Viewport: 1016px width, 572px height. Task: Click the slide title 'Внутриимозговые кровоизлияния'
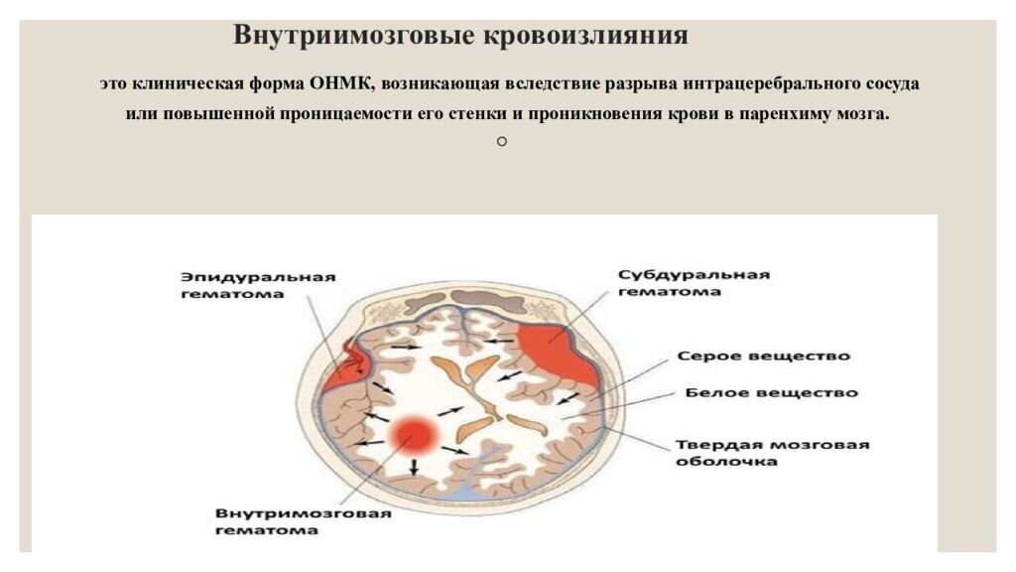coord(460,36)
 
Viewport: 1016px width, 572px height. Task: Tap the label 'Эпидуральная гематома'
coord(258,285)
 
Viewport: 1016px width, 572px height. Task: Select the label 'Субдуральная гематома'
coord(694,283)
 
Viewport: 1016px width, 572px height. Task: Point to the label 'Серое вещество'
coord(763,357)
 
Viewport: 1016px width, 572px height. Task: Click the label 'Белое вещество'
coord(771,393)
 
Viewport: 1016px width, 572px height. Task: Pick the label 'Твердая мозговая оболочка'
coord(772,453)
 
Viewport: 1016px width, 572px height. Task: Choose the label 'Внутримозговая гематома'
coord(304,521)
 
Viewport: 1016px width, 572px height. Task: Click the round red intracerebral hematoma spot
coord(413,435)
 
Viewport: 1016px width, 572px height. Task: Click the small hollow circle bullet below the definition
coord(501,142)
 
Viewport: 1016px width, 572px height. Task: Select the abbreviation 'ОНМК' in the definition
coord(341,84)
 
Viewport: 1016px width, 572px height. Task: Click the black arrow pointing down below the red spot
coord(414,467)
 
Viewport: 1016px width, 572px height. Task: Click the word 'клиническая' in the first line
coord(186,84)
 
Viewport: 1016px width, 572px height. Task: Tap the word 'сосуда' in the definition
coord(892,84)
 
